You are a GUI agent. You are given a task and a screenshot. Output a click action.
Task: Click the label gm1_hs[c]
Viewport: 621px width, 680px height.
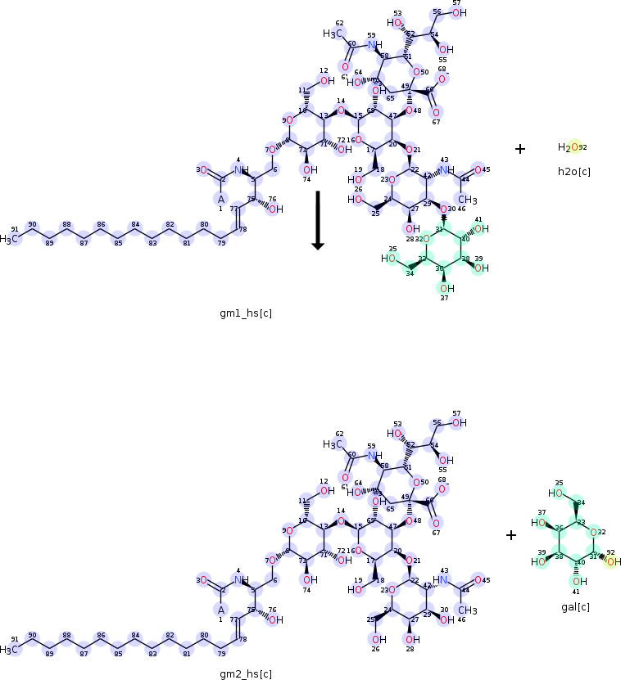point(245,314)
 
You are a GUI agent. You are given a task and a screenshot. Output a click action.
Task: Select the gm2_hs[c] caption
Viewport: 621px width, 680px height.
point(245,674)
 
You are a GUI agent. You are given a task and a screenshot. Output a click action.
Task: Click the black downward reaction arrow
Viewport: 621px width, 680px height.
point(318,221)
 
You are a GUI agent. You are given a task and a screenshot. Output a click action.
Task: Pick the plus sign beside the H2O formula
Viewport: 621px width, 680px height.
point(520,148)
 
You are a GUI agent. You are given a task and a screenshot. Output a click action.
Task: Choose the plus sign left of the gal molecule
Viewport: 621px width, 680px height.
point(511,535)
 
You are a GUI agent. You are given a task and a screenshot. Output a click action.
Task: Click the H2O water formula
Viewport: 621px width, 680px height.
point(571,148)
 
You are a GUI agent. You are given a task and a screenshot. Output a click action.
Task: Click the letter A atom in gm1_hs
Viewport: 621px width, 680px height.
point(220,198)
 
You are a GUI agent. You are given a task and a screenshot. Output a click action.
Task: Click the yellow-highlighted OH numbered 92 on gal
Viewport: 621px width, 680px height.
point(613,561)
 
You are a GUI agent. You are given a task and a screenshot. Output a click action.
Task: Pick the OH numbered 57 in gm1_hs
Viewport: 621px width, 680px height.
point(460,12)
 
